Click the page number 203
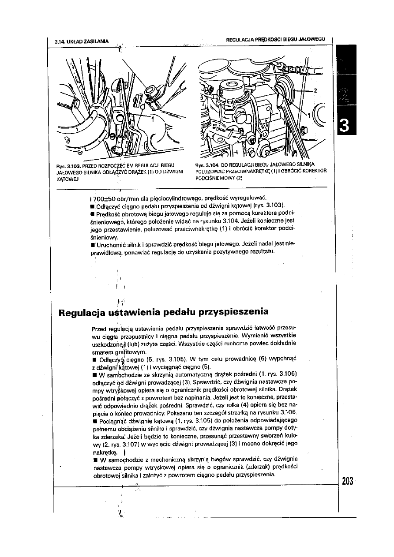pos(347,481)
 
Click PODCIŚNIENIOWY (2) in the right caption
pos(219,178)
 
